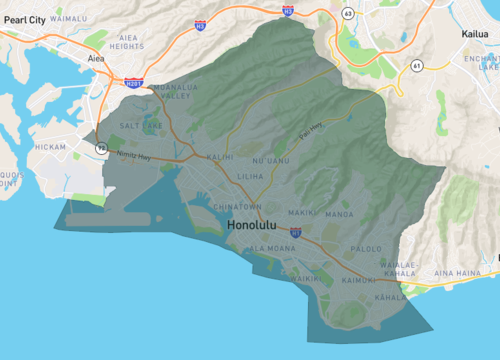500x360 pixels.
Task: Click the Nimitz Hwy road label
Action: coord(132,156)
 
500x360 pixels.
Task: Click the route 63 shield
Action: coord(347,13)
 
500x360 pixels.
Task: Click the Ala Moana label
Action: coord(269,247)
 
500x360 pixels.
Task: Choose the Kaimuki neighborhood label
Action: coord(357,281)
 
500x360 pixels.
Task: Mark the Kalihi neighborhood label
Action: coord(220,157)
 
